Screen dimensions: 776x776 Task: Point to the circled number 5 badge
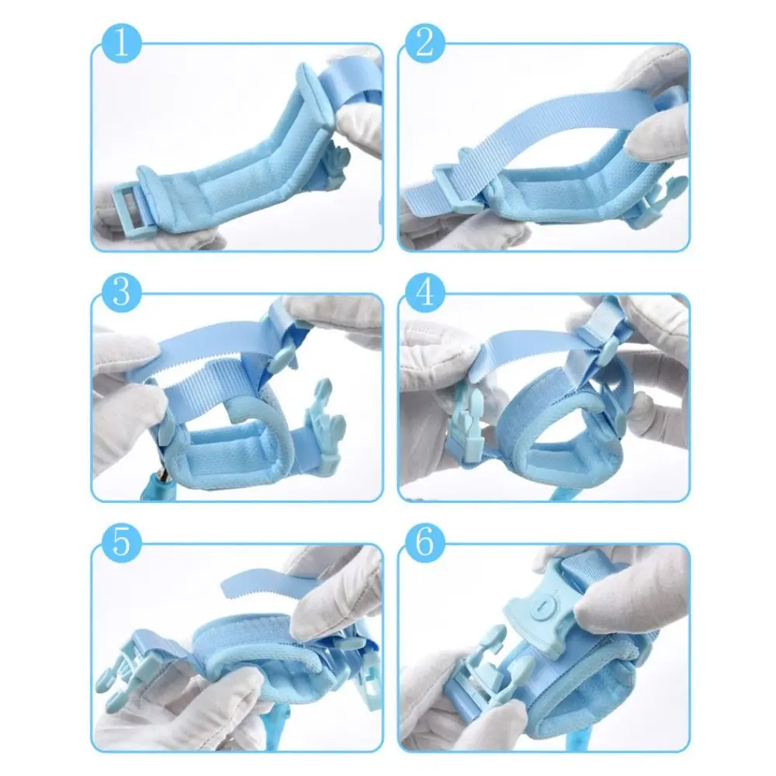tap(120, 543)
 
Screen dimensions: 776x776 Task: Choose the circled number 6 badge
tap(424, 543)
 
